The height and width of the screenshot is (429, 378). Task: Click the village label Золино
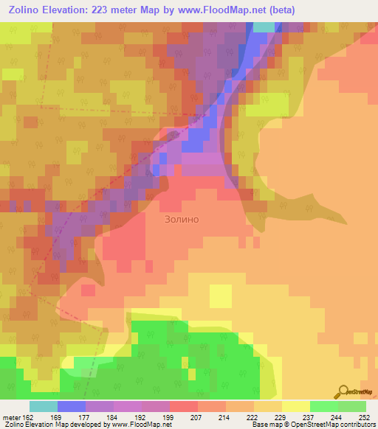[181, 219]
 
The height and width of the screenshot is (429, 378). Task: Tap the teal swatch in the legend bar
[43, 406]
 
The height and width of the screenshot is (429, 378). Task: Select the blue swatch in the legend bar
[71, 406]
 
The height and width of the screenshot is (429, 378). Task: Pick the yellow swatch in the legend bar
[295, 406]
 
